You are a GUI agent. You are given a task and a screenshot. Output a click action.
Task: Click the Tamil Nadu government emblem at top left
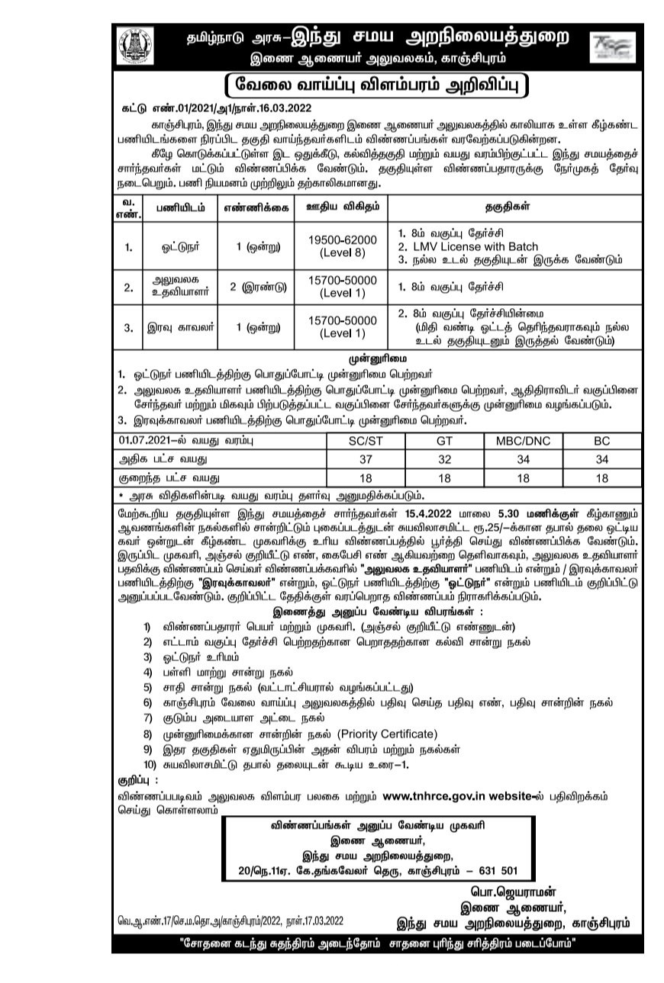coord(138,46)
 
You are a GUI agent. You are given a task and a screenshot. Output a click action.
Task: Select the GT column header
coord(445,441)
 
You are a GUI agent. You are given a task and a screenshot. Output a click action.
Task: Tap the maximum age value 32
coord(445,460)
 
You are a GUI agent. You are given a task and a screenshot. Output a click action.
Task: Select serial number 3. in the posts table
coord(129,328)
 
